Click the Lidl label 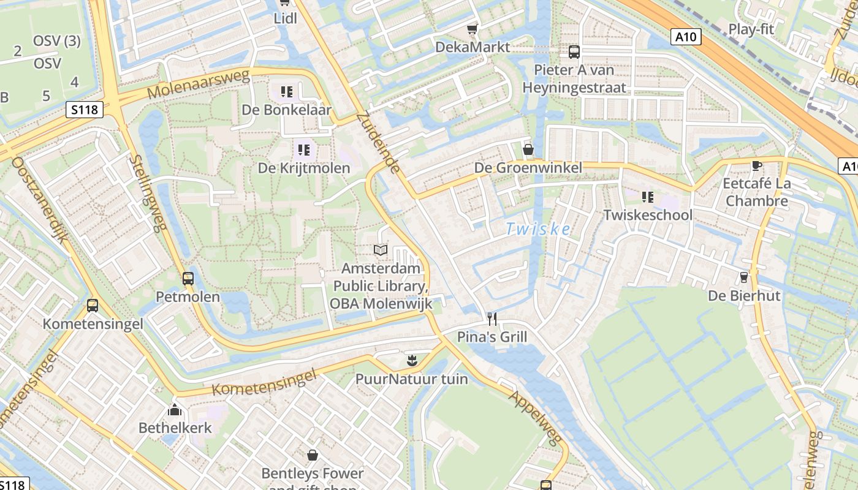[285, 18]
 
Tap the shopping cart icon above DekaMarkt [472, 29]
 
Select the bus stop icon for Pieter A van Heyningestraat [574, 52]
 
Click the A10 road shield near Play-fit [686, 37]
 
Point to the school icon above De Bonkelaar [287, 92]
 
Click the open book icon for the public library [381, 250]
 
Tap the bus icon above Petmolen [188, 279]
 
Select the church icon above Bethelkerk [175, 410]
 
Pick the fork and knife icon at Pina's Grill [492, 318]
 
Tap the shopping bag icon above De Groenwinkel [528, 149]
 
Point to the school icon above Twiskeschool [648, 197]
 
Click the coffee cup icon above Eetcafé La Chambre [756, 165]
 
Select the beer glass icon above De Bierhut [744, 277]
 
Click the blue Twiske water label [538, 230]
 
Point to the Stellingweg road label [148, 193]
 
